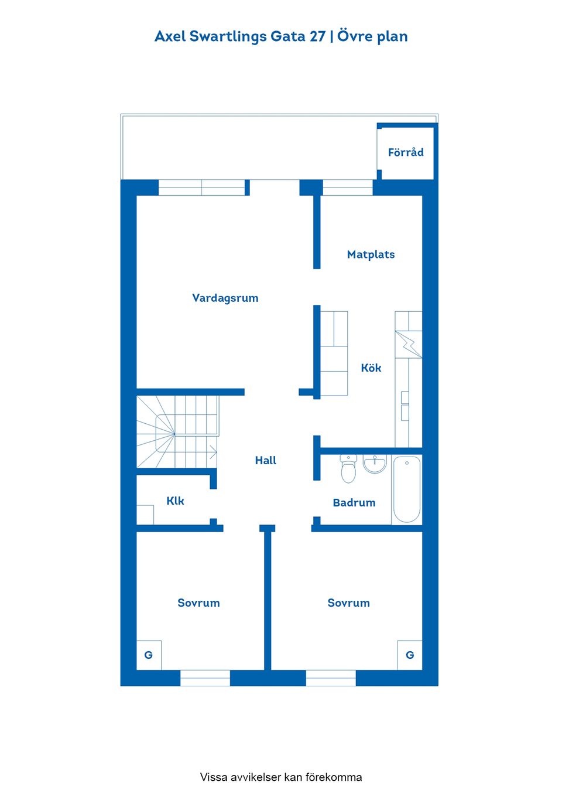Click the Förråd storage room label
406,152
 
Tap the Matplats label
371,254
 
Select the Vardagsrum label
225,298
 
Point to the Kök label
371,368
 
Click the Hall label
265,460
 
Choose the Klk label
175,501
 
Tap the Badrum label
354,502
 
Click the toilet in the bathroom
348,468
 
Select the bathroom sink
375,464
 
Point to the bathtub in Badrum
407,489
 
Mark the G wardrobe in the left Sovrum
149,655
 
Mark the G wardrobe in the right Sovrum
410,655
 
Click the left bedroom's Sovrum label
198,603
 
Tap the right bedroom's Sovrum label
348,603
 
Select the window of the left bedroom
205,678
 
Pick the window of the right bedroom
331,678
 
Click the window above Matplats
348,188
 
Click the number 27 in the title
317,36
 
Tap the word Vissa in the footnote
214,777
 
